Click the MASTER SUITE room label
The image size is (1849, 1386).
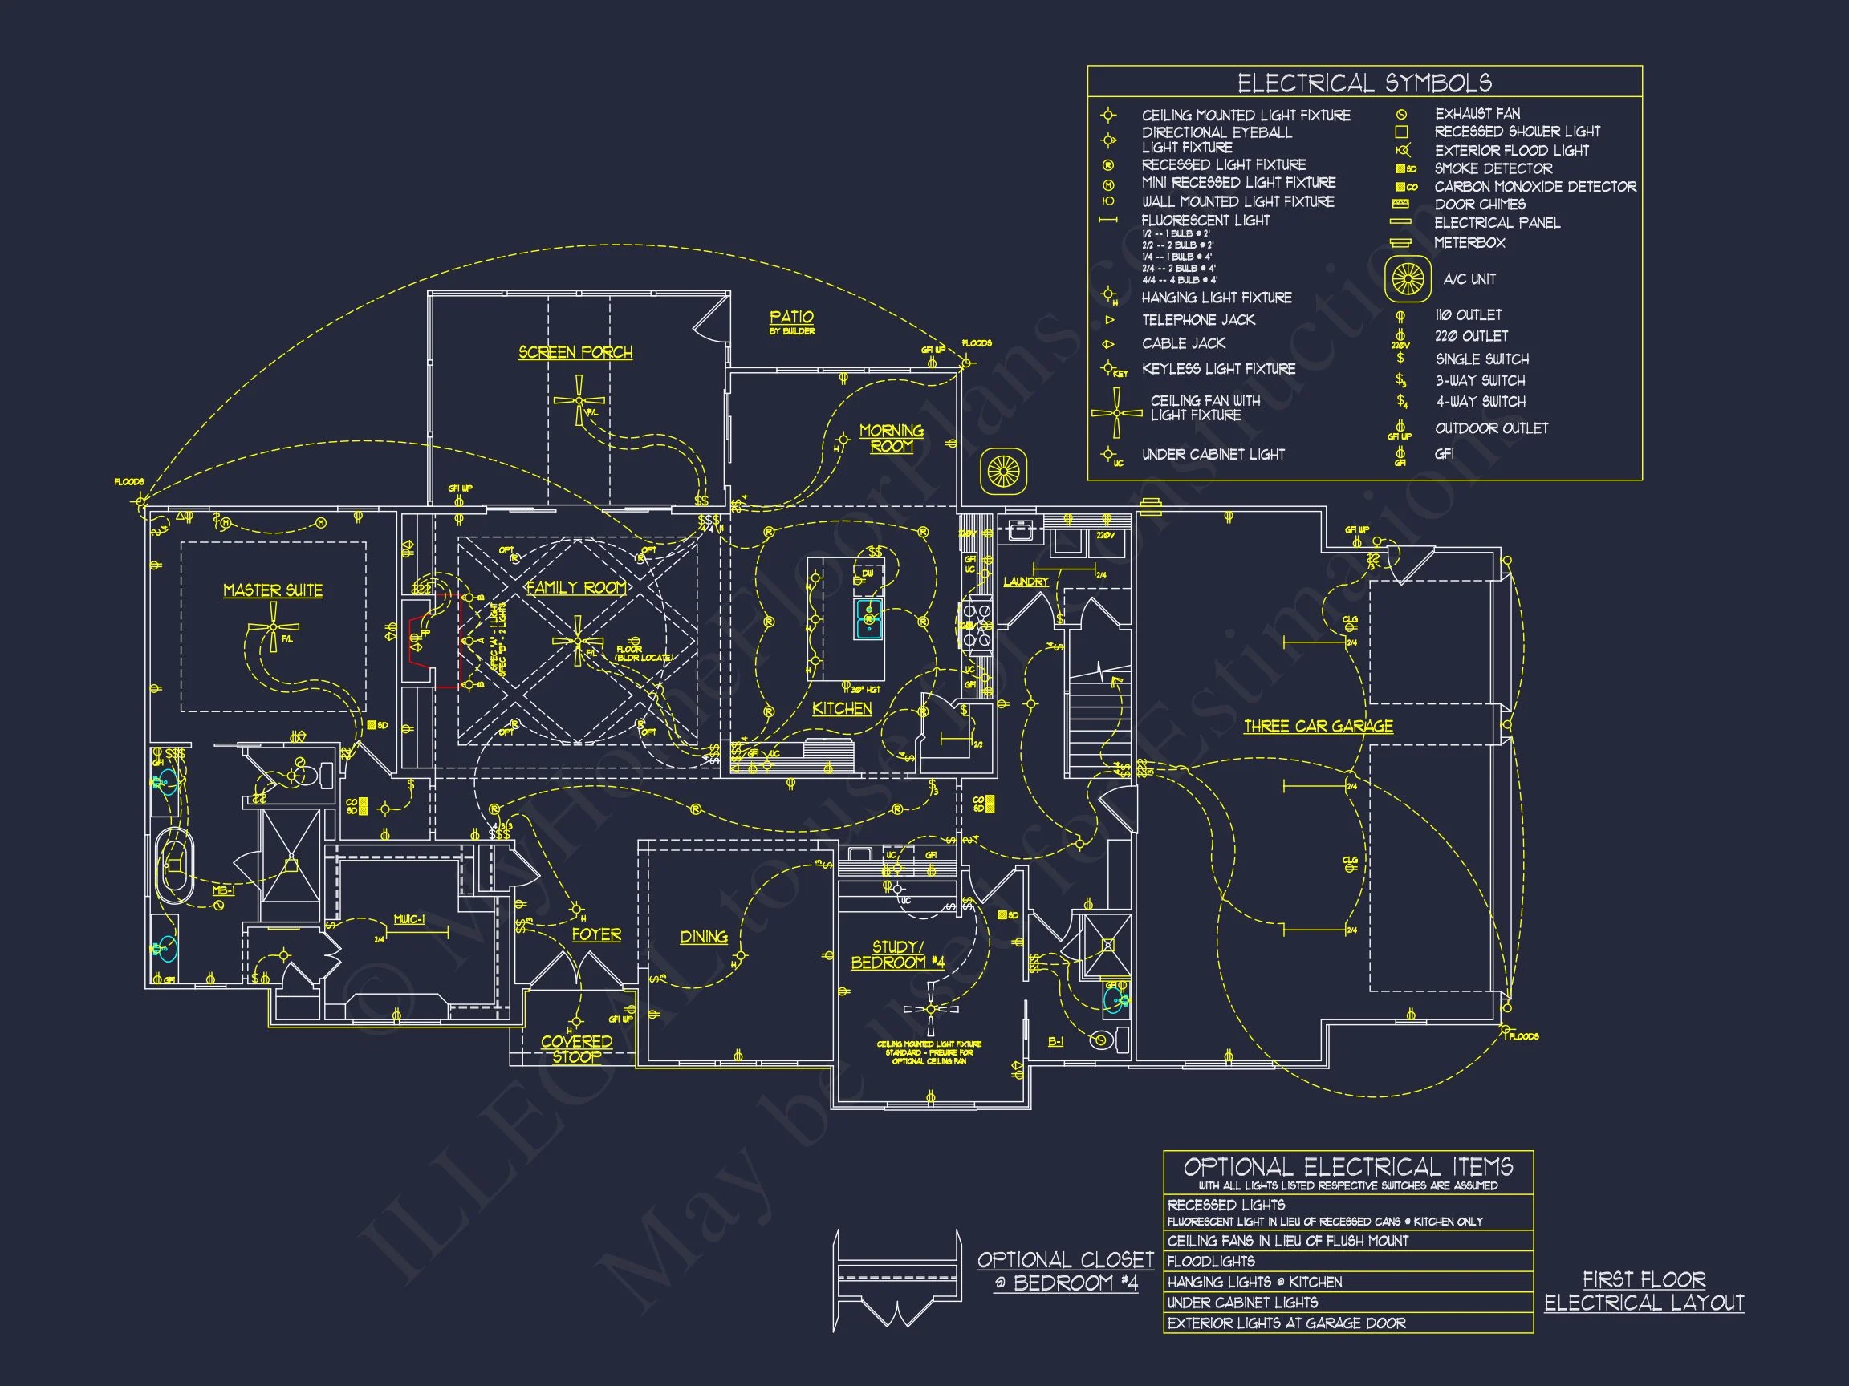(273, 590)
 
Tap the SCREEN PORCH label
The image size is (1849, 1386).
(575, 352)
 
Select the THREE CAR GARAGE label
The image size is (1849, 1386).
(1319, 726)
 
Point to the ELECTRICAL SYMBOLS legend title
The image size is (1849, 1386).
(1364, 83)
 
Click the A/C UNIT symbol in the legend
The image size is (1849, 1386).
(1408, 279)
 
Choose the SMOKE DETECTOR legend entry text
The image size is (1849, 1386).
(1493, 168)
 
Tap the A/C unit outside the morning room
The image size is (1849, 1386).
(1003, 472)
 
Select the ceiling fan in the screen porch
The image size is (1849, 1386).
(579, 400)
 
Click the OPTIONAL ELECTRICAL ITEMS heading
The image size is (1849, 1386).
(1347, 1166)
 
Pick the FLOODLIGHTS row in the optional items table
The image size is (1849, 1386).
(1210, 1262)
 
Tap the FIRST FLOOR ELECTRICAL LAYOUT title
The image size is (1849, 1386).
(1644, 1291)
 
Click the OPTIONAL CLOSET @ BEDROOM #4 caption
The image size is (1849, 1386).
(1065, 1270)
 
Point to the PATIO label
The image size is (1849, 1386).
(790, 318)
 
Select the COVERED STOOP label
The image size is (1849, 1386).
(576, 1048)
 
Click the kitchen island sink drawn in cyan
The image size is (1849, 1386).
(868, 619)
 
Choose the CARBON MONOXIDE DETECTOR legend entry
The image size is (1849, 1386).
(1534, 187)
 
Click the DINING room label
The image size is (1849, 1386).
(703, 937)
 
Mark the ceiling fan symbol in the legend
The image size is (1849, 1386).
(1116, 412)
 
